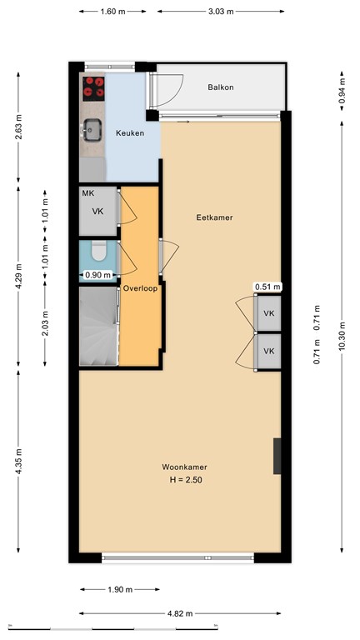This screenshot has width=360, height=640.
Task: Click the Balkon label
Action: click(221, 87)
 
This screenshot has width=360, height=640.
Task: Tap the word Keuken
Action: click(130, 133)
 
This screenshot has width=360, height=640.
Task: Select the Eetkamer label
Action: click(214, 217)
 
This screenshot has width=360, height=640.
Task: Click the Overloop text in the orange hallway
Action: click(139, 288)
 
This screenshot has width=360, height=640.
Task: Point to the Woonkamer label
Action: click(185, 467)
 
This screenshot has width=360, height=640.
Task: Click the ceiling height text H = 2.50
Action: click(185, 481)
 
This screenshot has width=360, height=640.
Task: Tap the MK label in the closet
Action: click(87, 193)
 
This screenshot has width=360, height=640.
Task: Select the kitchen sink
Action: click(92, 128)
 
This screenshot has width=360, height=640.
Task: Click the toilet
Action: click(97, 249)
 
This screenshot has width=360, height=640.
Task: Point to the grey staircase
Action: click(98, 326)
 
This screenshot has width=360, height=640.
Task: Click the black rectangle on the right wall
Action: click(277, 456)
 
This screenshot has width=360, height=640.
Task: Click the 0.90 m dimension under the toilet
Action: click(97, 275)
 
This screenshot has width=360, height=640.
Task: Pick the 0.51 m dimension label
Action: click(267, 287)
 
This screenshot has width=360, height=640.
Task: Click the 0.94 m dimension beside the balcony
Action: click(342, 94)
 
